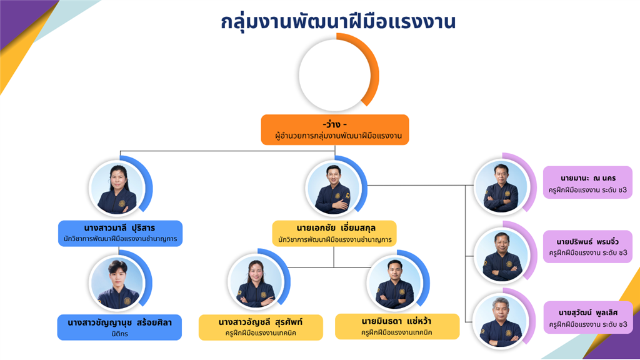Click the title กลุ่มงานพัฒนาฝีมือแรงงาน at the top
(x=338, y=21)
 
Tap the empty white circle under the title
(x=335, y=75)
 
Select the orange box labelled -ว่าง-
(x=335, y=130)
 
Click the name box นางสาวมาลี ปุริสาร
(x=121, y=233)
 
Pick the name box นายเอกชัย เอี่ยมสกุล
(x=335, y=234)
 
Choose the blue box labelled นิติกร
(x=119, y=327)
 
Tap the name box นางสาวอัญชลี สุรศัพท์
(x=261, y=327)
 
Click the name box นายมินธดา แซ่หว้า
(x=397, y=326)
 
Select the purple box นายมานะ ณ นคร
(x=587, y=182)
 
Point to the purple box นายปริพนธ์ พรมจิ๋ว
(x=587, y=246)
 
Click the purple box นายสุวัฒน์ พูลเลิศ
(x=588, y=317)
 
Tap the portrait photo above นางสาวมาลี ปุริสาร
(x=117, y=189)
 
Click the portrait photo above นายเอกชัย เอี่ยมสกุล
(x=334, y=189)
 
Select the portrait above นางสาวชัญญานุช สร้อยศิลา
(x=117, y=282)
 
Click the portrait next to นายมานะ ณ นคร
(x=502, y=187)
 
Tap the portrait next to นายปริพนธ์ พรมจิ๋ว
(x=502, y=255)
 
